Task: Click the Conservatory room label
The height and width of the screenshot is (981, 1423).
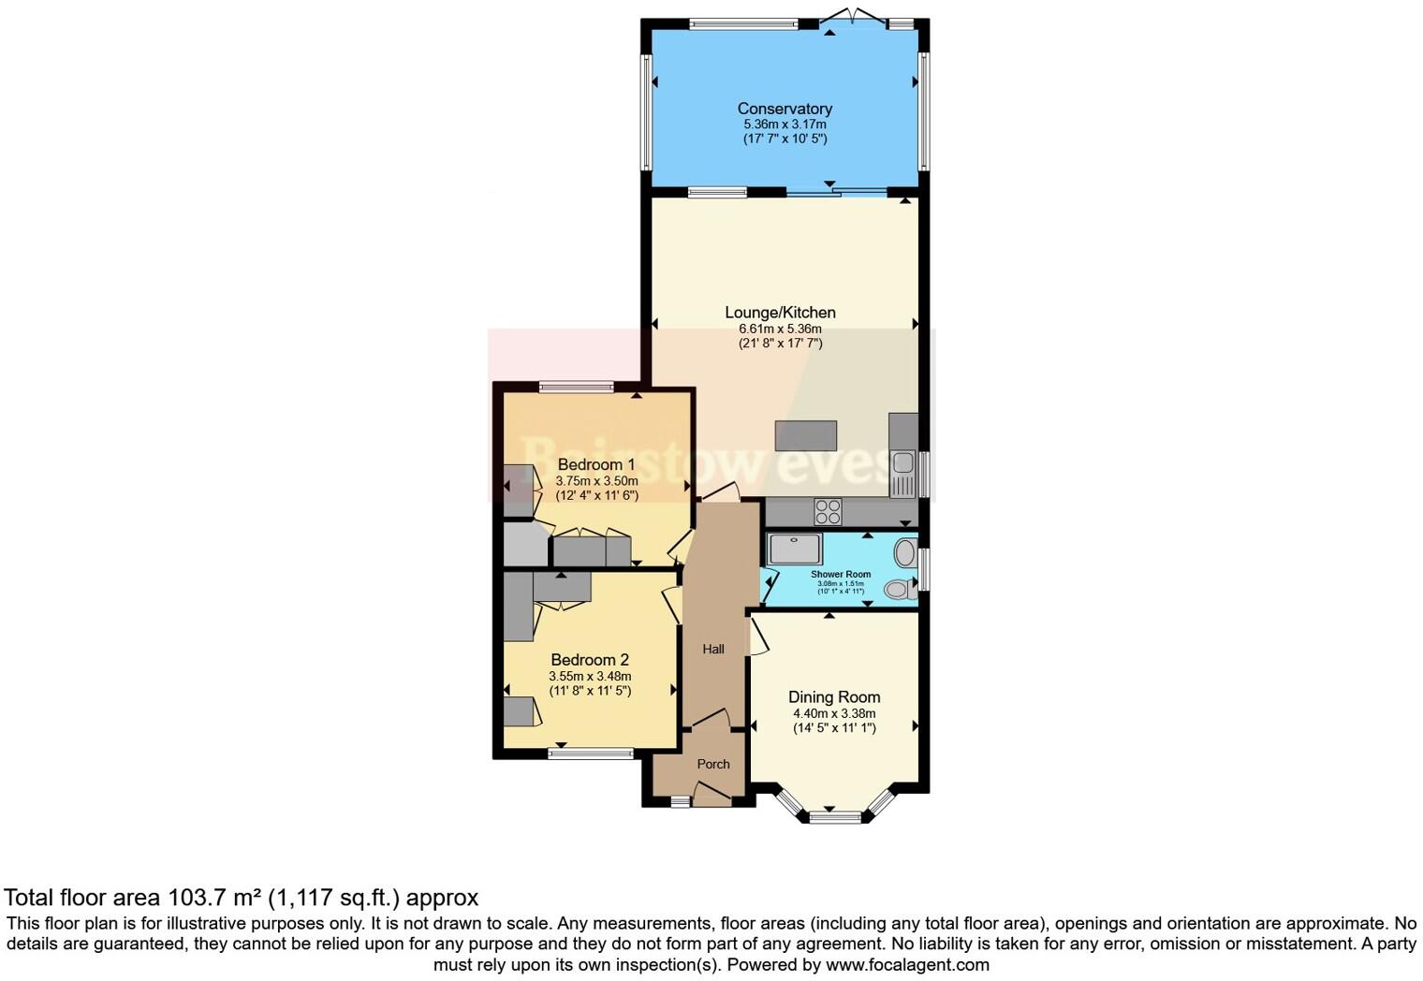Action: pos(785,109)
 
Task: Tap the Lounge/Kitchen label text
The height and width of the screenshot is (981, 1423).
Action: pos(780,313)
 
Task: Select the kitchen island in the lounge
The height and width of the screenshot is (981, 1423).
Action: pos(805,436)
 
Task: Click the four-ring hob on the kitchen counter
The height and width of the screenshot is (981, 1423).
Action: pos(828,512)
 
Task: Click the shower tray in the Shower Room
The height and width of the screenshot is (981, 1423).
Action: pos(795,549)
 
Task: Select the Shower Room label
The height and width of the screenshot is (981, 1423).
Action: pos(840,575)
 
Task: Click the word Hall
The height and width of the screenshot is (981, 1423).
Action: pos(713,649)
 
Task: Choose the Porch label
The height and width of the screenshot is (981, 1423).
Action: pos(713,764)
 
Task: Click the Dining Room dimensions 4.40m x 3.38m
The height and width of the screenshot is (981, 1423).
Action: pos(833,713)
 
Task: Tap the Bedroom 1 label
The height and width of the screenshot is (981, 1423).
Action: pos(596,464)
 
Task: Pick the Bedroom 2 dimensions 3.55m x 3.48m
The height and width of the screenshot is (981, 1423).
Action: pos(590,676)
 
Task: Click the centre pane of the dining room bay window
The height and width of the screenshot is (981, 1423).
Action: pos(834,817)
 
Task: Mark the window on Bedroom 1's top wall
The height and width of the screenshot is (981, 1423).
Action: pos(576,387)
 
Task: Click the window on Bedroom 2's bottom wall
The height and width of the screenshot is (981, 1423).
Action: pos(590,753)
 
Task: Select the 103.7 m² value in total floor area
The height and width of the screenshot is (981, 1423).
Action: pos(214,898)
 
